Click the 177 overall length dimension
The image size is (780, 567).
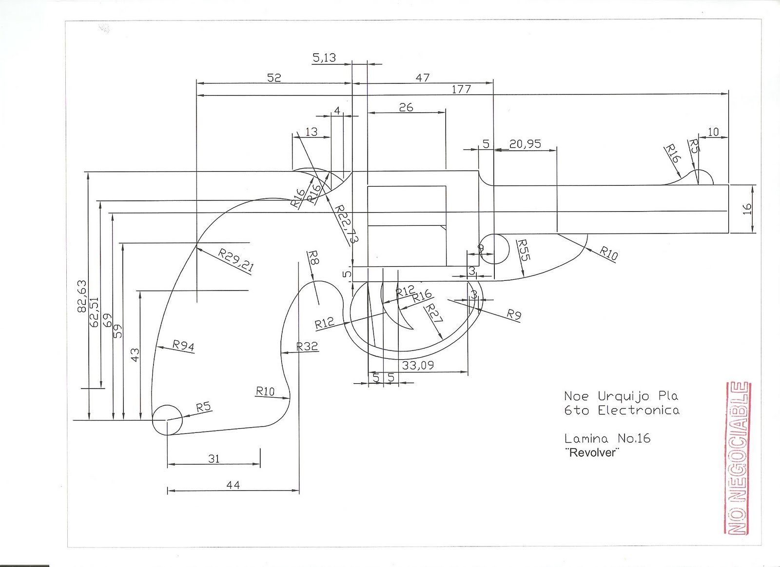point(461,89)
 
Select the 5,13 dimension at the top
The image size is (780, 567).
point(324,58)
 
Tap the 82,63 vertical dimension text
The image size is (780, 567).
point(81,296)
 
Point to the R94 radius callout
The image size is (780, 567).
point(183,346)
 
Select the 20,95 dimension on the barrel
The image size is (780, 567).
point(525,143)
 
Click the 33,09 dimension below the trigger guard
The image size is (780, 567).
point(418,365)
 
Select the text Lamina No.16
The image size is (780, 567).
point(607,438)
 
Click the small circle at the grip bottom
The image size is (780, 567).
point(167,420)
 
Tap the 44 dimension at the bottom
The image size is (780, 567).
point(233,485)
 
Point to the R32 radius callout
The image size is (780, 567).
point(307,347)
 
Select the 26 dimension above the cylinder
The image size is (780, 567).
point(406,107)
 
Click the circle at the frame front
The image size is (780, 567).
point(494,249)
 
